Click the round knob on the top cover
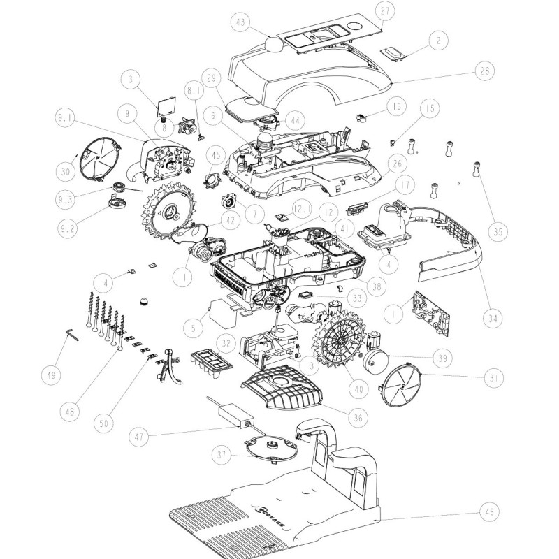[275, 44]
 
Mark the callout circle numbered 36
[357, 418]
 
